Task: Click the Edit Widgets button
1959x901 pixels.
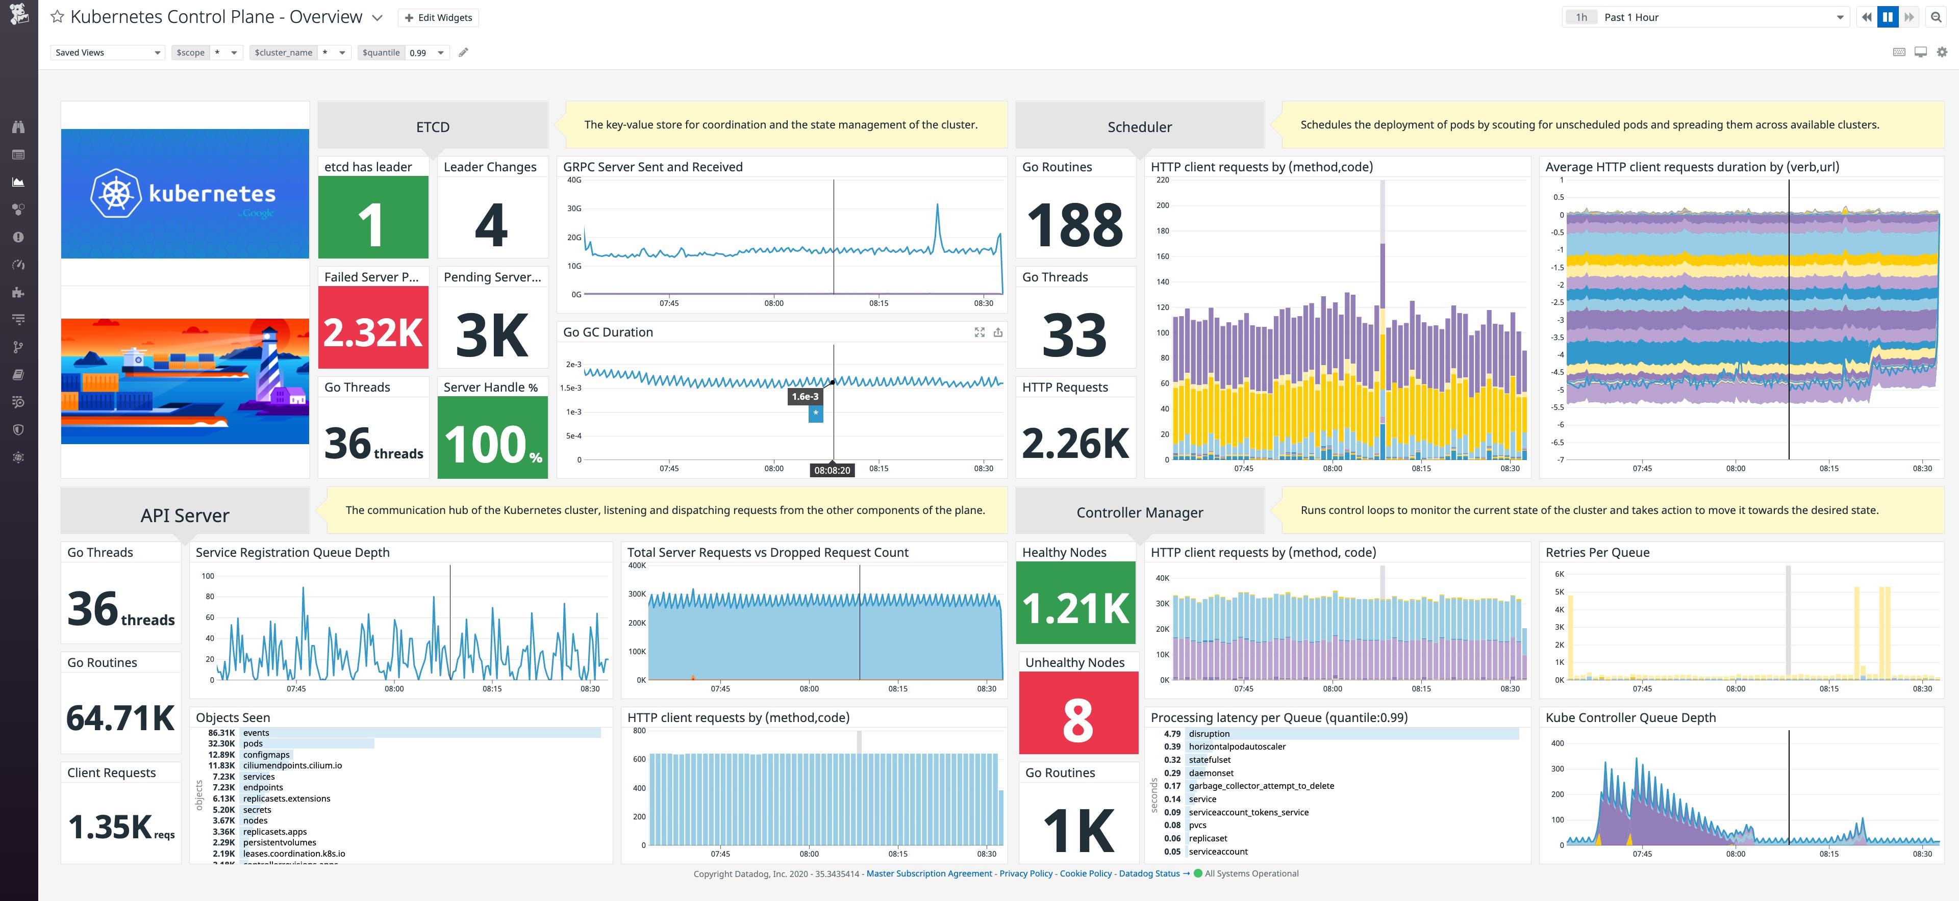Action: [438, 17]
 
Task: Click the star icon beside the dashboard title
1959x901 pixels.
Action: [57, 17]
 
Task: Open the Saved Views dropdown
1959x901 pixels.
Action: [107, 53]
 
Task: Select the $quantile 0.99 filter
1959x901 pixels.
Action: [403, 53]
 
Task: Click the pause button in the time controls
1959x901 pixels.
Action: [1888, 17]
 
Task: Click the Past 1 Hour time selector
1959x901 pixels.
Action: [1703, 17]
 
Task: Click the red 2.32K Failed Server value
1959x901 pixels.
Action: [372, 332]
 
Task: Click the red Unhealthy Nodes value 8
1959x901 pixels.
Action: [1077, 719]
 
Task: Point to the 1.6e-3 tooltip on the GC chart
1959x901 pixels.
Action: [806, 396]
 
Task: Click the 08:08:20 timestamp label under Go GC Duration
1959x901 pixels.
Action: [832, 470]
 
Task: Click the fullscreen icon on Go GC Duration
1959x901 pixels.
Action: [979, 332]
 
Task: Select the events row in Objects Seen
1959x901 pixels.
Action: [256, 733]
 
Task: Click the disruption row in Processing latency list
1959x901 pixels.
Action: [1209, 734]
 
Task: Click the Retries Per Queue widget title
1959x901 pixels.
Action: [1597, 552]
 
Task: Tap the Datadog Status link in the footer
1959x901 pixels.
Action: [1149, 873]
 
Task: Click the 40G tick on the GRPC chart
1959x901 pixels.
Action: [574, 180]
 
